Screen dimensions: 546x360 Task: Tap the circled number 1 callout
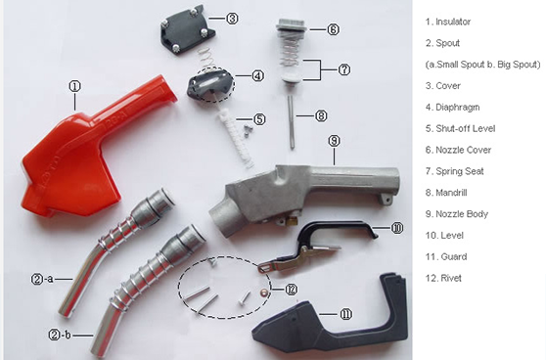pos(75,86)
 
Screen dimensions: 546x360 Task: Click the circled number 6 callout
pos(333,29)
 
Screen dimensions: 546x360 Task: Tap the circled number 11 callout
pos(345,314)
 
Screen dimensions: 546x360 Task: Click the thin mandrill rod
pos(292,122)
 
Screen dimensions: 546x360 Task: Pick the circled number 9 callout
pos(334,141)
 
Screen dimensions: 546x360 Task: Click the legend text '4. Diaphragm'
pos(452,108)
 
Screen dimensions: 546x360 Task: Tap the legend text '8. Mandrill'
pos(446,193)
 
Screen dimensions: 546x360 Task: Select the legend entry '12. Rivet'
pos(443,278)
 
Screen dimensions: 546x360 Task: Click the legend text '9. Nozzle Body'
pos(457,214)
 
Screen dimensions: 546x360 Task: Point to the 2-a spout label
pos(42,279)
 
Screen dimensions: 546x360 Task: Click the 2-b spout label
pos(60,335)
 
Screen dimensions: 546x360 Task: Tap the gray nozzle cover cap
pos(292,25)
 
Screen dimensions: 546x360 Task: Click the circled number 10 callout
pos(396,228)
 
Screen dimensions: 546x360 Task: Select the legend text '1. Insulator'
pos(448,22)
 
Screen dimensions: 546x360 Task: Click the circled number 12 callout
pos(292,289)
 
